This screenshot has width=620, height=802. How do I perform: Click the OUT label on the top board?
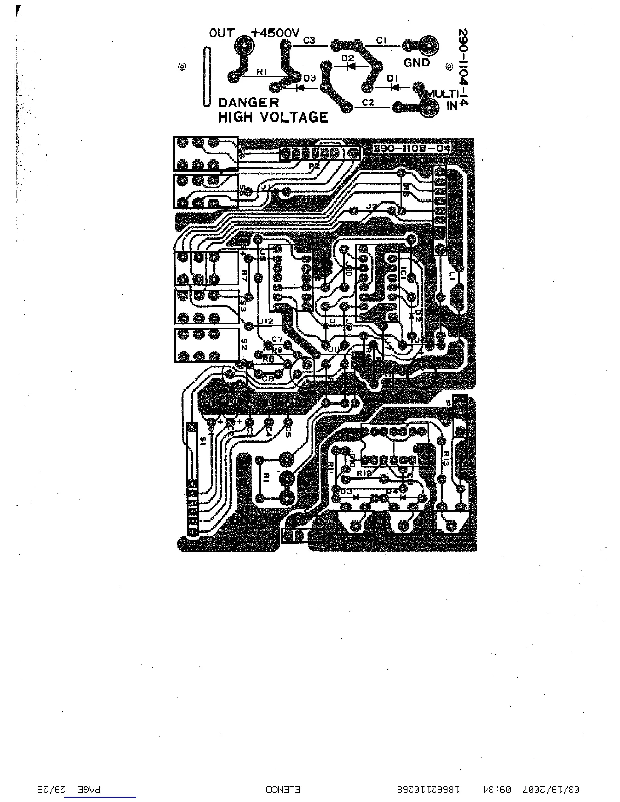tap(221, 34)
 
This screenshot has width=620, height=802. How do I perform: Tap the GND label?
tap(416, 63)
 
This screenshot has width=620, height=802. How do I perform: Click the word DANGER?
tap(248, 102)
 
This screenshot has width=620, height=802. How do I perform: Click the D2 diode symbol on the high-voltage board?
tap(350, 66)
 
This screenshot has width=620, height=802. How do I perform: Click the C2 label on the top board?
tap(368, 103)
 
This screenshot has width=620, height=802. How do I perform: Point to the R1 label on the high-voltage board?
tap(261, 72)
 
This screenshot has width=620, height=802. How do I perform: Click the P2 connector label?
tap(314, 165)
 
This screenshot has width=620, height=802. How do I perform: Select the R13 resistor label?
tap(445, 458)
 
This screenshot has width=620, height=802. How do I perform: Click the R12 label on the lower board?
tap(364, 473)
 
